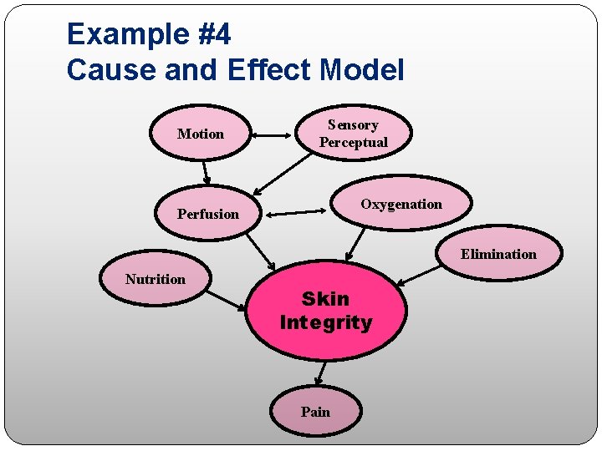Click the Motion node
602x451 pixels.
point(200,134)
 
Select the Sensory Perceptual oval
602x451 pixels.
point(354,134)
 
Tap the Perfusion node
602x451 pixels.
point(208,214)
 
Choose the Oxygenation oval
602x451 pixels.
point(401,205)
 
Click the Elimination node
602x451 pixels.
point(498,254)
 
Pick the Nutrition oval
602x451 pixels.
point(156,280)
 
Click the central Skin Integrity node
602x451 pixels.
point(326,311)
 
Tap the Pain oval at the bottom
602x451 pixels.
point(316,412)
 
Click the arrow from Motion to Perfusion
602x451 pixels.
point(206,171)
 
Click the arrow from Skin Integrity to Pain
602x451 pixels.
point(320,372)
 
